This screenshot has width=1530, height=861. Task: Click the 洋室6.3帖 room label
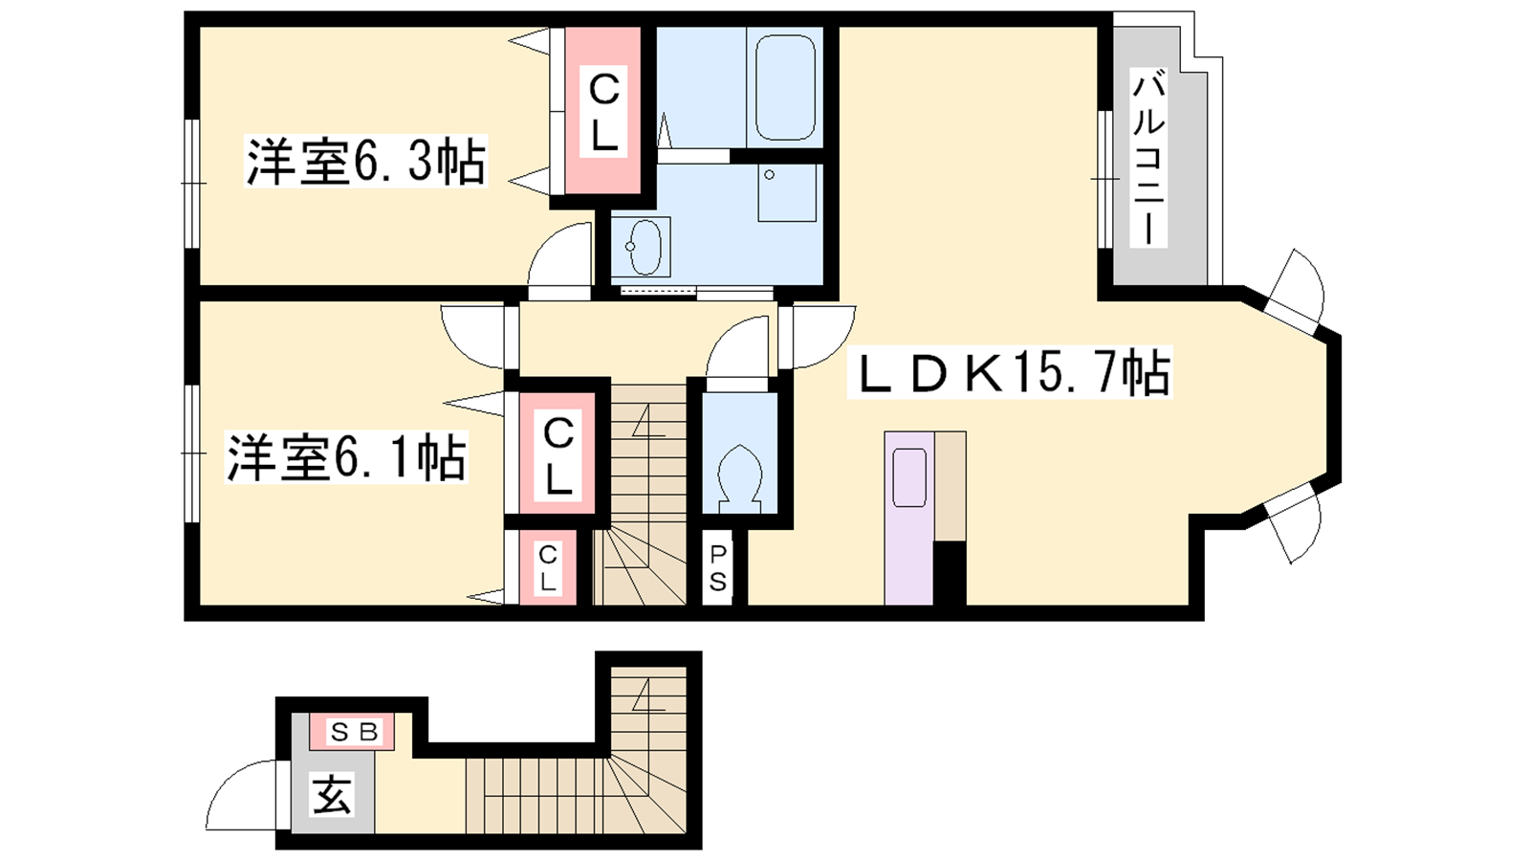[365, 162]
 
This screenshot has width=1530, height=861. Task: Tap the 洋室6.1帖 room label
[346, 457]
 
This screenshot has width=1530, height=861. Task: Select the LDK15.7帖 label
[1010, 372]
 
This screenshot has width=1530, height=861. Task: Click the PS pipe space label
[717, 567]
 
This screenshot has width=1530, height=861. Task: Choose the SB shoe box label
[353, 733]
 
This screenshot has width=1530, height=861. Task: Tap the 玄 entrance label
[333, 794]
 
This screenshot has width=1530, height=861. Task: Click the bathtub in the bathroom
[785, 87]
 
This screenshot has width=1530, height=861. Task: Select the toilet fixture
[740, 478]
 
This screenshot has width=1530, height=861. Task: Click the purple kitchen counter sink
[909, 477]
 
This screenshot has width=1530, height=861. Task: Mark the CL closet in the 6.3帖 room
[603, 110]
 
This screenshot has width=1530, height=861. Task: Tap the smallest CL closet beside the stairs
[548, 567]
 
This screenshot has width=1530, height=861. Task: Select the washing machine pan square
[787, 192]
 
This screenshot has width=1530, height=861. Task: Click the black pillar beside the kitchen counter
[950, 573]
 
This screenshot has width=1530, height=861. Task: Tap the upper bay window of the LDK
[1295, 291]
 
